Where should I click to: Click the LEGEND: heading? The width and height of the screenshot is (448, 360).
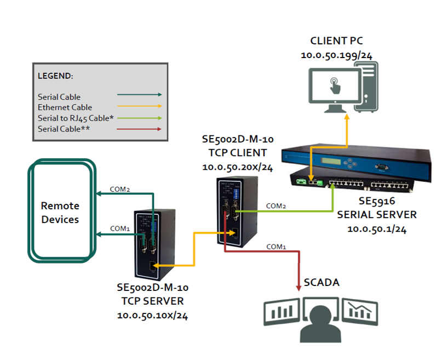point(55,76)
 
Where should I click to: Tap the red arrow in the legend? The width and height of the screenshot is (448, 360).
point(139,129)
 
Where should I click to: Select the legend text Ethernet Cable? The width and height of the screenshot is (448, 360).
point(65,107)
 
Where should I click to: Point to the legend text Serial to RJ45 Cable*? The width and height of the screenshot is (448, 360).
point(76,118)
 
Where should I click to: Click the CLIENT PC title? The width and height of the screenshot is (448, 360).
point(337,41)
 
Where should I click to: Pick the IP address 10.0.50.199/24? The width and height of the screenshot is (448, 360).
point(337,55)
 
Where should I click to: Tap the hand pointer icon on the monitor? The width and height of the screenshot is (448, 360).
point(335,85)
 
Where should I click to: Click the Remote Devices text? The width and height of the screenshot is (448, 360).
point(60,213)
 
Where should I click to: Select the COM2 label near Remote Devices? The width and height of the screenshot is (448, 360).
point(120,189)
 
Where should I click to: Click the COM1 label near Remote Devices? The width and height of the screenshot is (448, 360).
point(120,228)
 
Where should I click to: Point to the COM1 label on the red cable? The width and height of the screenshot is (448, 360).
point(276,247)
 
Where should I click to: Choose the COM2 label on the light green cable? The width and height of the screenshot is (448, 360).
point(275,206)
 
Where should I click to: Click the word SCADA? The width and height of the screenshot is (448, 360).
point(321,283)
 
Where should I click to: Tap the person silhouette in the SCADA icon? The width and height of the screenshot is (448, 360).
point(320,324)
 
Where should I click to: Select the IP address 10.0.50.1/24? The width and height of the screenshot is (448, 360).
point(377,229)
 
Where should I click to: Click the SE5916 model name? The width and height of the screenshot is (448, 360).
point(377,201)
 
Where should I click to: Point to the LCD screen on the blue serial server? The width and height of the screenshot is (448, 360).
point(331,161)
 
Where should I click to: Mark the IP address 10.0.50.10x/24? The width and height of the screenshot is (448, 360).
point(153,316)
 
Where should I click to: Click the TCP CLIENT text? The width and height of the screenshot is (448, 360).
point(238,153)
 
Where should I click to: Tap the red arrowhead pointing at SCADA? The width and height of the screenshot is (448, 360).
point(298,288)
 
